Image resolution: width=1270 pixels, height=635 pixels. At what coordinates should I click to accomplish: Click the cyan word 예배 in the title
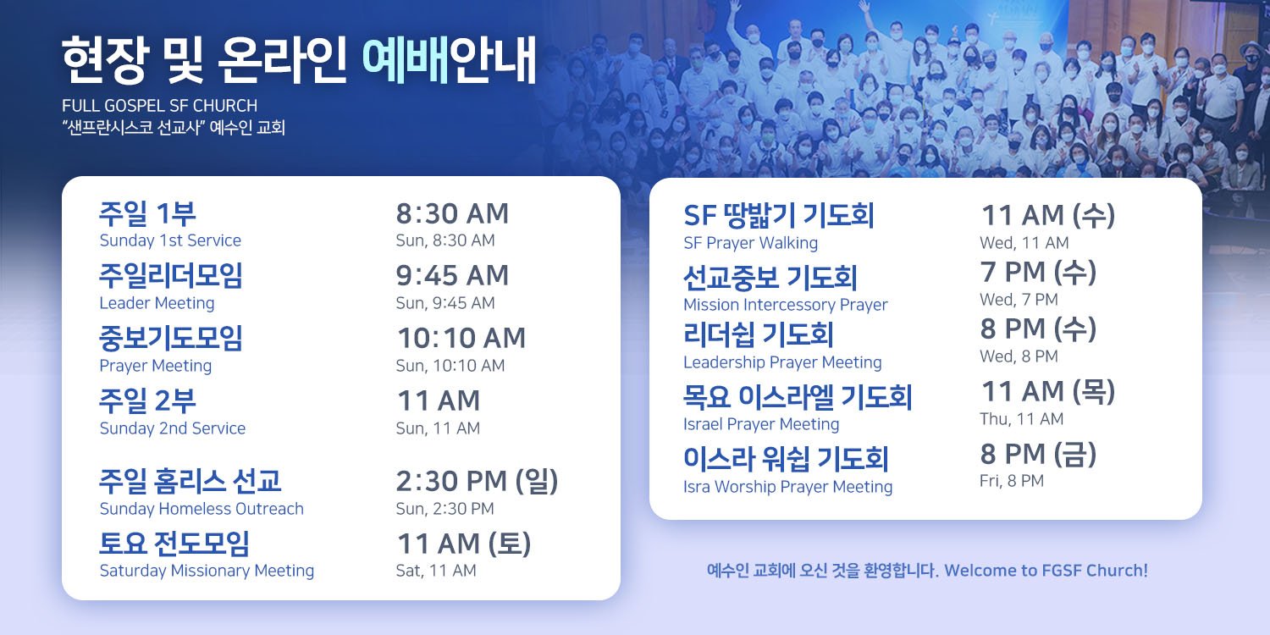click(x=406, y=60)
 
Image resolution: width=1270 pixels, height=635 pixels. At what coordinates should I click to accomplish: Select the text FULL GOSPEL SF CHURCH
click(x=160, y=106)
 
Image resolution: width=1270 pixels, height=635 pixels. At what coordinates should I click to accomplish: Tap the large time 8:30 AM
click(x=452, y=213)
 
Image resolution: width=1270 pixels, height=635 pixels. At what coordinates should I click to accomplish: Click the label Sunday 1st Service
click(x=170, y=240)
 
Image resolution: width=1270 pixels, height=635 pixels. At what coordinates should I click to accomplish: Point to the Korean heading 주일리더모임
click(x=171, y=276)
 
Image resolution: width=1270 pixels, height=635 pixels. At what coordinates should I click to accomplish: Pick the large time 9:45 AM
click(x=452, y=276)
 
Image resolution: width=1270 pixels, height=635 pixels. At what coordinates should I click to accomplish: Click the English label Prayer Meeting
click(x=155, y=366)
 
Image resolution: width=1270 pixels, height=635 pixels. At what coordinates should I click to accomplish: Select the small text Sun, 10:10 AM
click(x=450, y=366)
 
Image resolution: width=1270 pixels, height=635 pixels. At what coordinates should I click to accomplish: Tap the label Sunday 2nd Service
click(x=173, y=428)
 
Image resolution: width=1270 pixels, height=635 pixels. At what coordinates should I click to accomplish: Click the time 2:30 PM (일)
click(x=477, y=482)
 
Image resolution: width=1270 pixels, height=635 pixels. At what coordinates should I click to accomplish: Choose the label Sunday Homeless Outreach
click(x=202, y=509)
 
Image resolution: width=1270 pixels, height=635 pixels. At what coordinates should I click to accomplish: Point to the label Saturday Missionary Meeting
click(x=207, y=571)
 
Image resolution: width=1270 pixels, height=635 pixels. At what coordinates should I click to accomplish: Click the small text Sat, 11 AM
click(x=436, y=571)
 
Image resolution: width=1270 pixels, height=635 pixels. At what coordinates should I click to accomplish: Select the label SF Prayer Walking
click(x=751, y=243)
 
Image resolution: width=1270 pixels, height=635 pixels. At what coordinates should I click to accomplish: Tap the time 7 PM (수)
click(x=1038, y=272)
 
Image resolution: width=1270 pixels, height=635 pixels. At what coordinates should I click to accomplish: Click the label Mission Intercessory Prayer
click(x=785, y=305)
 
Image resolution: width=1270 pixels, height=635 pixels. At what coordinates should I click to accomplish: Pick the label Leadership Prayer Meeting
click(x=782, y=362)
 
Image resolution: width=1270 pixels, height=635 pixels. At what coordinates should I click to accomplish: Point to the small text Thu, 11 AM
click(x=1022, y=419)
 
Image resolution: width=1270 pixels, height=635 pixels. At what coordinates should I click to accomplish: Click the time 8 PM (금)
click(x=1038, y=454)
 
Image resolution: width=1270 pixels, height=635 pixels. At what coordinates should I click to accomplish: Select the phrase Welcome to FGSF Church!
click(x=1046, y=571)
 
